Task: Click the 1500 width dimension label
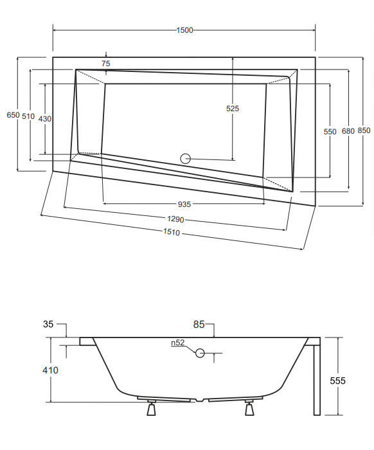pyautogui.click(x=184, y=30)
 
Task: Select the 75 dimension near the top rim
pyautogui.click(x=106, y=64)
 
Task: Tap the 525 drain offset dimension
pyautogui.click(x=233, y=109)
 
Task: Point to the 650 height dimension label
pyautogui.click(x=13, y=115)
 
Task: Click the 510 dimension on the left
pyautogui.click(x=28, y=116)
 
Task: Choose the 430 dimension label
pyautogui.click(x=45, y=118)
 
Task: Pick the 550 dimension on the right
pyautogui.click(x=330, y=131)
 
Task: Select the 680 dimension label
pyautogui.click(x=348, y=131)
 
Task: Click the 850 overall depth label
pyautogui.click(x=364, y=130)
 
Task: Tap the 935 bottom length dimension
pyautogui.click(x=184, y=204)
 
